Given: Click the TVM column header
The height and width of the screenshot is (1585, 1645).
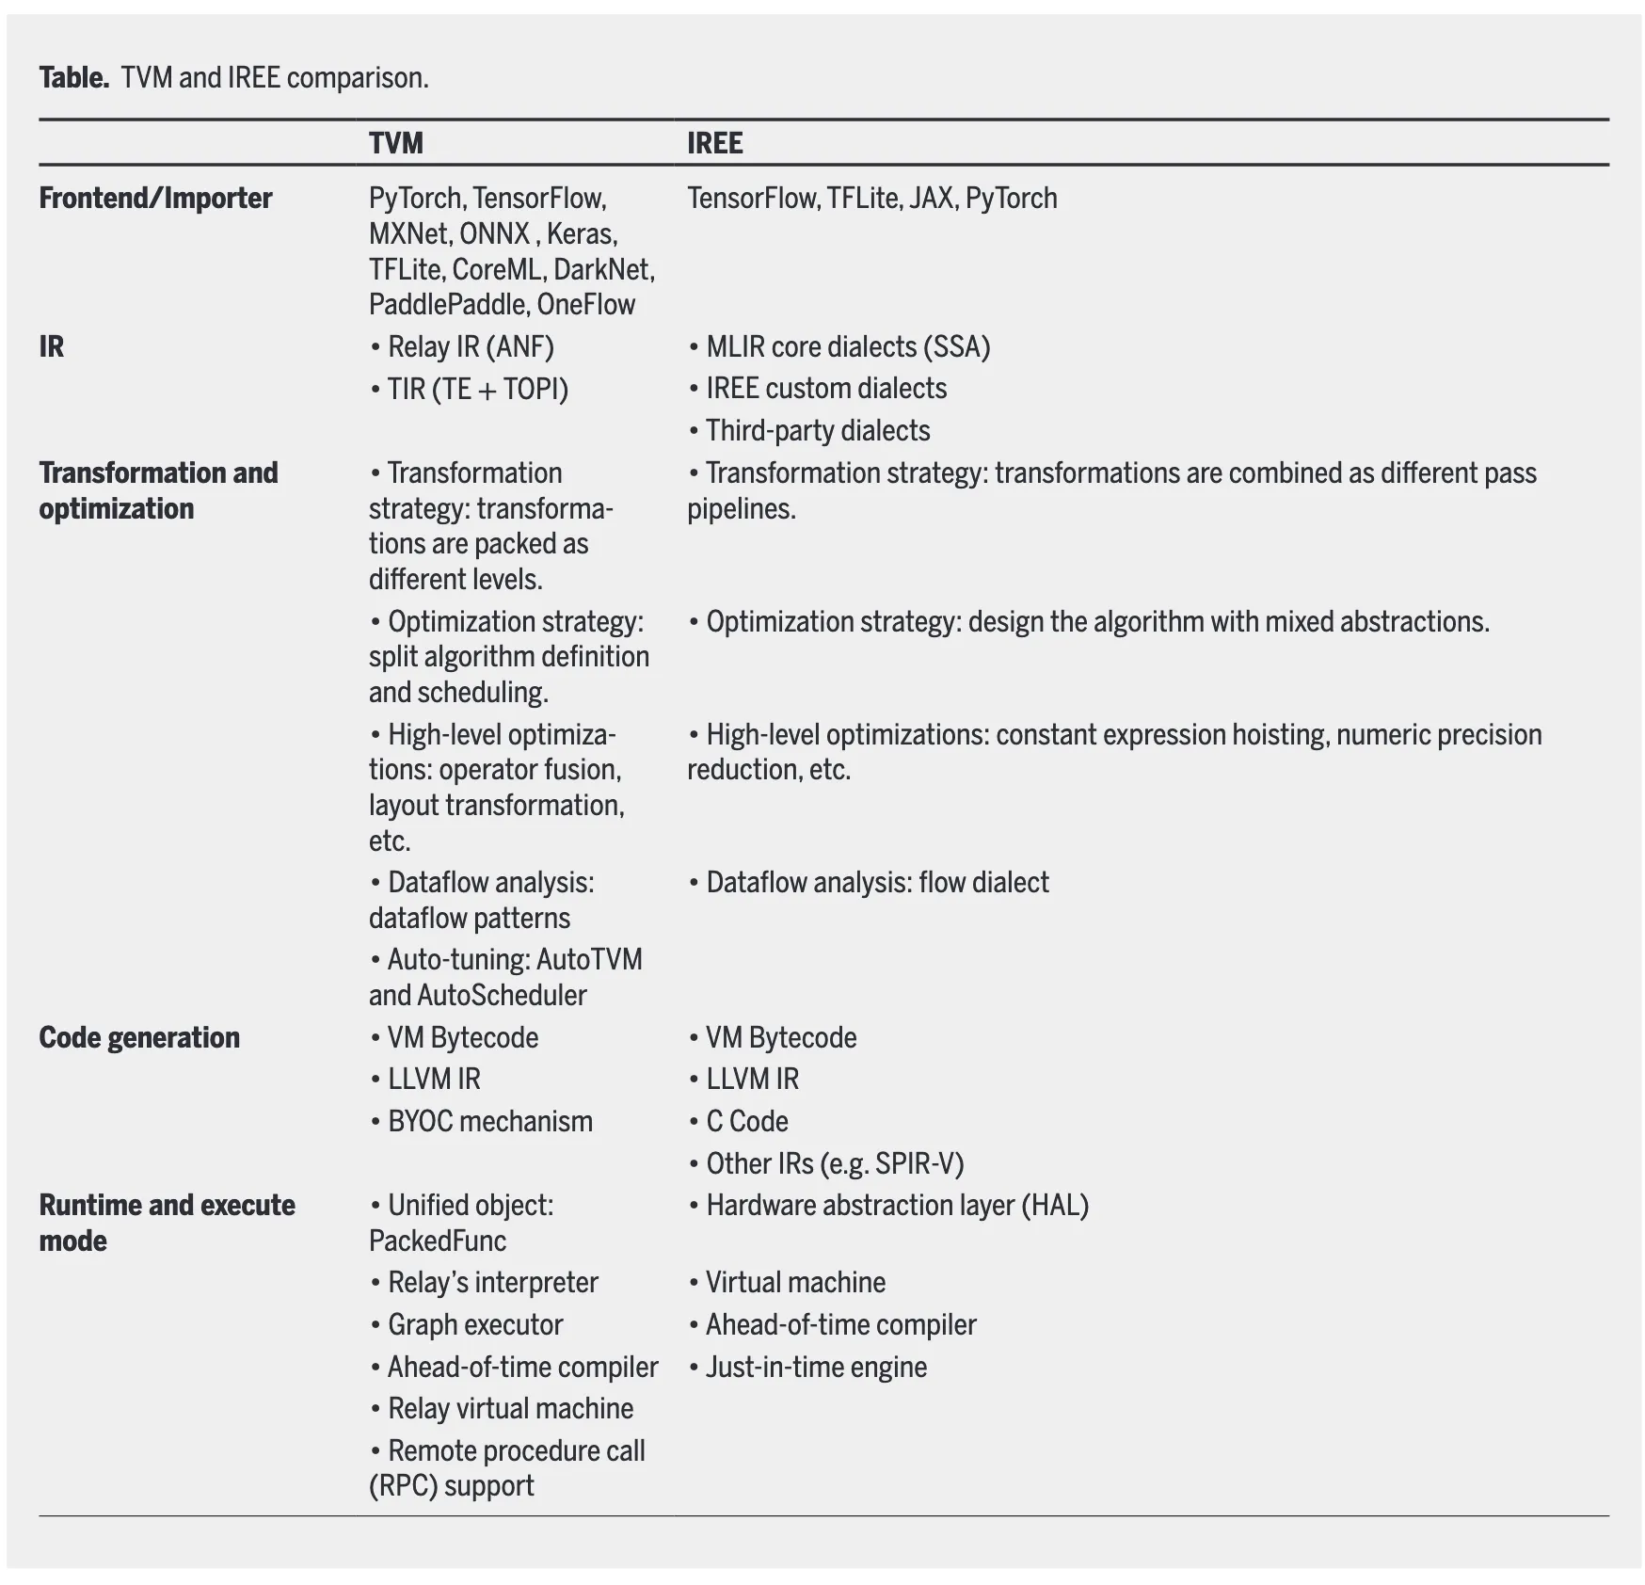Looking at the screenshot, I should point(395,143).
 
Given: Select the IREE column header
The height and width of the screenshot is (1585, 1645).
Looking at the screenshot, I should point(714,143).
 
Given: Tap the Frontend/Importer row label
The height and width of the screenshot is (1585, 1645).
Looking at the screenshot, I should point(155,198).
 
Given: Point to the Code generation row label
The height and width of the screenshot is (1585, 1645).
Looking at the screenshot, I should point(139,1037).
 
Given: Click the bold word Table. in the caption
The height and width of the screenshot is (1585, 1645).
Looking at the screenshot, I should point(74,77).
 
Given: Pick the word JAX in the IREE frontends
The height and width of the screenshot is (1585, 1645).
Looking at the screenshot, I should point(931,198).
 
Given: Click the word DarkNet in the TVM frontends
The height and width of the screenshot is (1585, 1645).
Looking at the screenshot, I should point(602,269).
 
